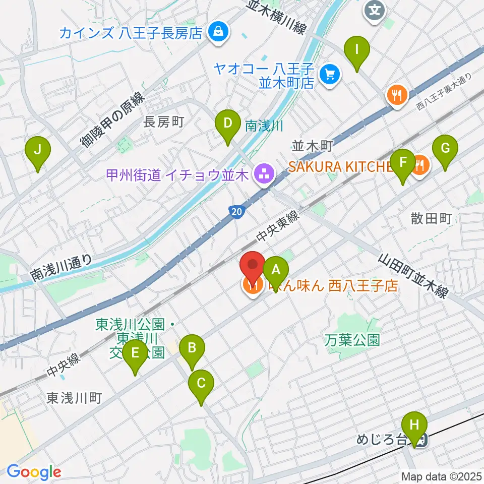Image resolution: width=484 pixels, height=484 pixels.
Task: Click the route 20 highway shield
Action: (x=237, y=213)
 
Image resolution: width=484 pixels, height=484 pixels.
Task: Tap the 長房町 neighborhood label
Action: (x=163, y=122)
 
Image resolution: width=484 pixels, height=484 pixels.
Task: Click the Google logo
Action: (x=34, y=472)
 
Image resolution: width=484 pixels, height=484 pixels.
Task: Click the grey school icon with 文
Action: (x=375, y=10)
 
